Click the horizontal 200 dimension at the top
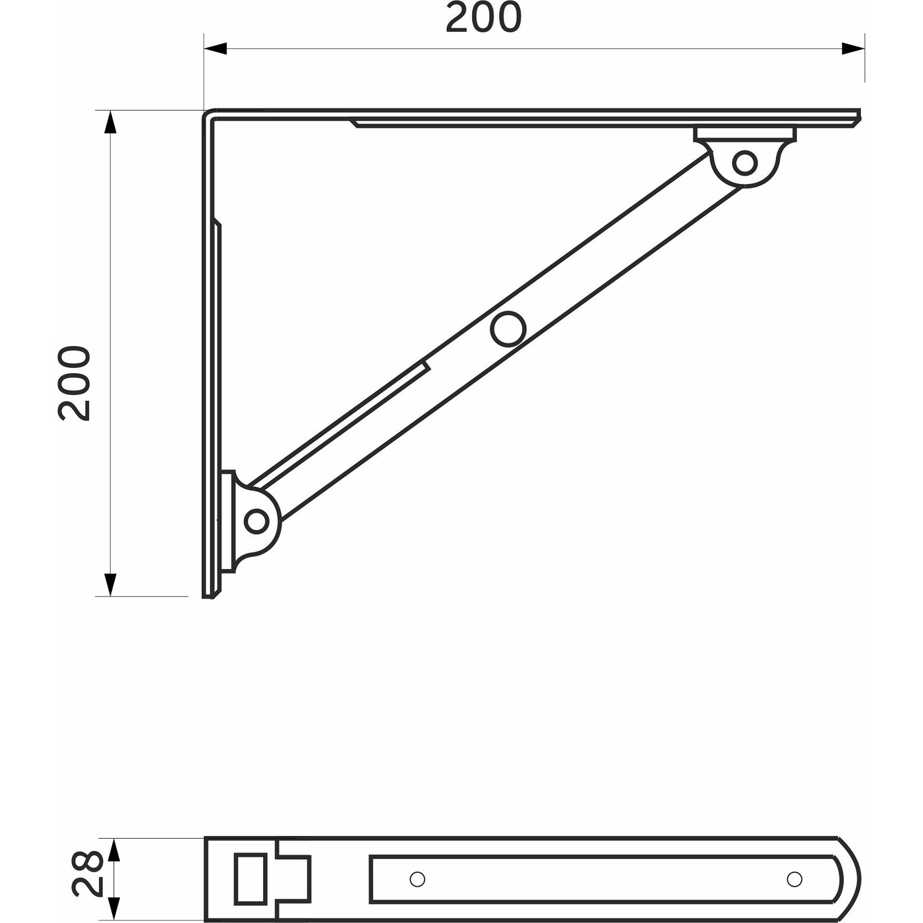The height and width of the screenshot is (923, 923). [483, 18]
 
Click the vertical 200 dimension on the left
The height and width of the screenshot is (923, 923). [74, 382]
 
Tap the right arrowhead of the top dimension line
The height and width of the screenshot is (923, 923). [853, 48]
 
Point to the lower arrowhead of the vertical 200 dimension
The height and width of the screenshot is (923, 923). [110, 584]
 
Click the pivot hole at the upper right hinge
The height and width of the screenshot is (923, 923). [744, 162]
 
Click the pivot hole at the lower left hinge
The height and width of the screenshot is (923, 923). [256, 521]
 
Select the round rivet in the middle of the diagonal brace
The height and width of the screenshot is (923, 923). [508, 328]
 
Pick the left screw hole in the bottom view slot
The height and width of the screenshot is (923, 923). [417, 879]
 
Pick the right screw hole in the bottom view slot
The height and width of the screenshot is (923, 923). [794, 879]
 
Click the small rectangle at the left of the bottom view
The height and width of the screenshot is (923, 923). [251, 878]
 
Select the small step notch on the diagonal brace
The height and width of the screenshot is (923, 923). [426, 365]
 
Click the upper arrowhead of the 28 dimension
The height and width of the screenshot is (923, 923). [114, 850]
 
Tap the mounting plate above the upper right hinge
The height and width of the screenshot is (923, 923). [745, 134]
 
